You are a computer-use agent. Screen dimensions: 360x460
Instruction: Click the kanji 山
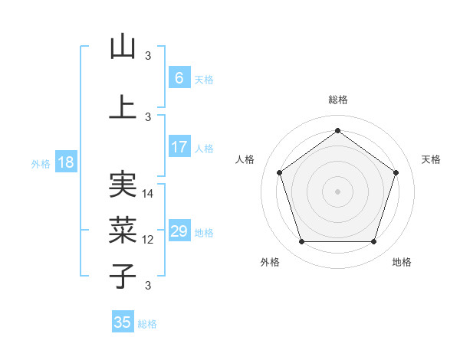pos(123,47)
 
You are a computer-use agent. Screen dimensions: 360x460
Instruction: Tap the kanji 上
pos(123,107)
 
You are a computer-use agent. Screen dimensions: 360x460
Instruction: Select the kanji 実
pos(123,185)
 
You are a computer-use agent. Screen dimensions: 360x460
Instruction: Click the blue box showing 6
pos(179,78)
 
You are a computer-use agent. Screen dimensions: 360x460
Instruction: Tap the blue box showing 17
pos(179,147)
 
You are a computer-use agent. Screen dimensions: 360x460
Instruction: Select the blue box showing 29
pos(179,231)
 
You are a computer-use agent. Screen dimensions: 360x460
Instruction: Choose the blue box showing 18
pos(65,162)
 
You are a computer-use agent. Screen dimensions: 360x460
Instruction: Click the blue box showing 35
pos(123,322)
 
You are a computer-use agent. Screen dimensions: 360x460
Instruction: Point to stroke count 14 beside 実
pos(149,194)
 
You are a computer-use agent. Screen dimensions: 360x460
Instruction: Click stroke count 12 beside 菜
pos(149,240)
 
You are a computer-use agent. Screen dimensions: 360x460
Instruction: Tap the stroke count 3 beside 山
pos(148,56)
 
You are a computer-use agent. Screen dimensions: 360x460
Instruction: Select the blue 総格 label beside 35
pos(148,324)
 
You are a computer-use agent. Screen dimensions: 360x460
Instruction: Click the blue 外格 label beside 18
pos(41,163)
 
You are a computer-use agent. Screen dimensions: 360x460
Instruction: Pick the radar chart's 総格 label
pos(337,100)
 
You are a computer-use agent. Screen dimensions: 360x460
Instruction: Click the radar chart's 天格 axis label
pos(432,159)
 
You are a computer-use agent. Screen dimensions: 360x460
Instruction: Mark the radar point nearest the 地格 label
pos(373,242)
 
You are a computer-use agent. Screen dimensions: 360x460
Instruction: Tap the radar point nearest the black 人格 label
pos(279,172)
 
